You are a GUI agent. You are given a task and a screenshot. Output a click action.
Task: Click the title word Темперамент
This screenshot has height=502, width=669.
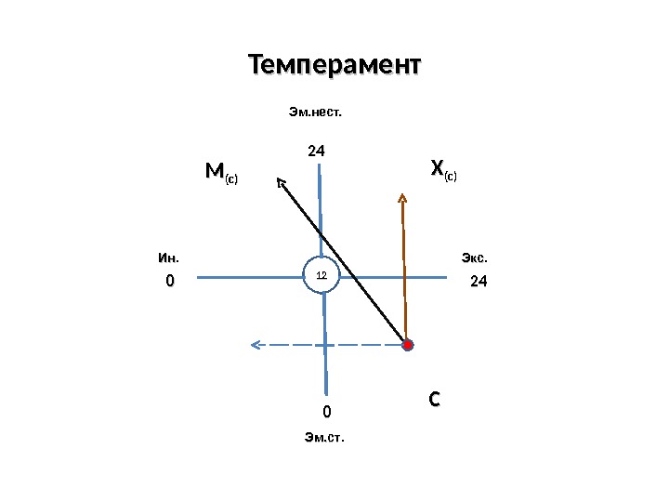334,67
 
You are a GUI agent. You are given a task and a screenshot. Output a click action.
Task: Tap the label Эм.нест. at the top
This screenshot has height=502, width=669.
315,112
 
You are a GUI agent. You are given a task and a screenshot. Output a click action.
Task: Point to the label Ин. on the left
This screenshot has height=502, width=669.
168,257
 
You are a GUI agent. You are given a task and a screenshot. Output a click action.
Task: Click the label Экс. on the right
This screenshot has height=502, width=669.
475,257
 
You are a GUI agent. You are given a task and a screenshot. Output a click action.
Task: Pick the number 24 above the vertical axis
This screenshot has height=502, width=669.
320,150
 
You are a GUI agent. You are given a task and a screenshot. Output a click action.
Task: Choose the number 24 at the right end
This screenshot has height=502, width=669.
479,281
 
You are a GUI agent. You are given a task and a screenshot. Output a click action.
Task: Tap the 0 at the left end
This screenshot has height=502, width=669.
169,281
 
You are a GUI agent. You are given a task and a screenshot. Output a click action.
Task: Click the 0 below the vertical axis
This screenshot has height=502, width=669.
327,411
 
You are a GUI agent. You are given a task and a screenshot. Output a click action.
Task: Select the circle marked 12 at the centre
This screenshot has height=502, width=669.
322,275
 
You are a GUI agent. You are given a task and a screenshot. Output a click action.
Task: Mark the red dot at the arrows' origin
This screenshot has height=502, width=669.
407,345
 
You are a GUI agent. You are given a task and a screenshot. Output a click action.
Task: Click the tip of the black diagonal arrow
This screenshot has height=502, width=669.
278,178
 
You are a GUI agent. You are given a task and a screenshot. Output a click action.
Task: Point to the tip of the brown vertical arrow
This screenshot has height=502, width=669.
402,194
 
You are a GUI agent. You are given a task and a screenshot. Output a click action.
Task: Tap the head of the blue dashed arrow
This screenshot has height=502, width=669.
254,345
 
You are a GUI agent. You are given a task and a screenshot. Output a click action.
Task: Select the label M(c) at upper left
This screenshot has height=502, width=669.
221,173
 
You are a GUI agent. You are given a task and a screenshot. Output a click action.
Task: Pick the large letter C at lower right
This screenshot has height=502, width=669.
433,400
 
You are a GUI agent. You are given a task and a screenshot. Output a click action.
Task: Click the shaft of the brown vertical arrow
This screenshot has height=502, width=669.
404,270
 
